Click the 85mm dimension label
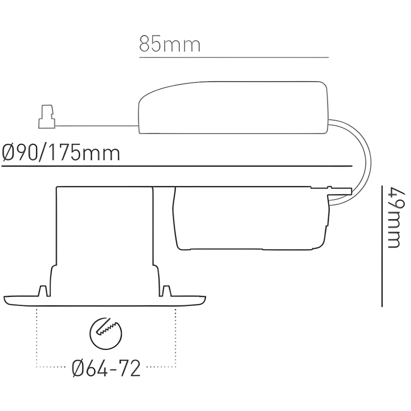(169, 45)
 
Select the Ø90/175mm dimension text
(62, 153)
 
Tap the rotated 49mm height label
(394, 218)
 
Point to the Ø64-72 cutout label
(107, 368)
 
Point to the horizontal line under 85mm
(234, 57)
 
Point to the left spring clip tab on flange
(43, 290)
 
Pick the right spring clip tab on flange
(167, 290)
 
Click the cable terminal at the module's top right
(339, 192)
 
